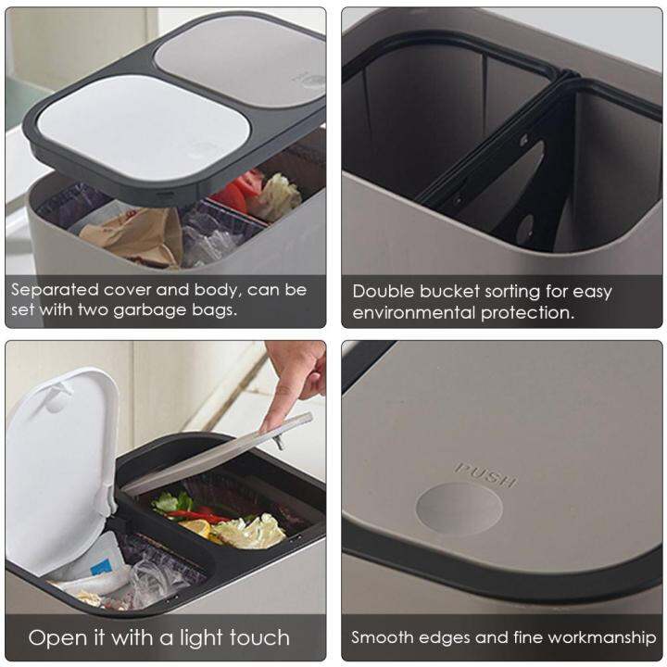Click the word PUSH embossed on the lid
pos(485,474)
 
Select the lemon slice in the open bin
pos(195,528)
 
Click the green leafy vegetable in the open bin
pos(167,503)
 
